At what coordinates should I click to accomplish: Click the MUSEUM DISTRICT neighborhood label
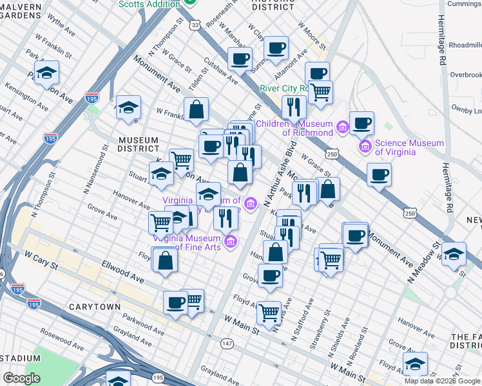138,145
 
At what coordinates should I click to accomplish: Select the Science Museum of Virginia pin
366,147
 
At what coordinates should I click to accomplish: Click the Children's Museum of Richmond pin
342,128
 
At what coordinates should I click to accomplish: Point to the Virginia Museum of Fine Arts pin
231,241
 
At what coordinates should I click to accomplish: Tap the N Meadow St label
429,255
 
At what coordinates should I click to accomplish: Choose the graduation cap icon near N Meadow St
454,253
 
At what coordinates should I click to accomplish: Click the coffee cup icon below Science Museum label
379,174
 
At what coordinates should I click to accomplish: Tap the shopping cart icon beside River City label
320,91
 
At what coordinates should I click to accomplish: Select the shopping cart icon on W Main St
269,313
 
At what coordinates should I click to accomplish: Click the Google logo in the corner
22,378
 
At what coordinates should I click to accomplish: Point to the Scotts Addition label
149,4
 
